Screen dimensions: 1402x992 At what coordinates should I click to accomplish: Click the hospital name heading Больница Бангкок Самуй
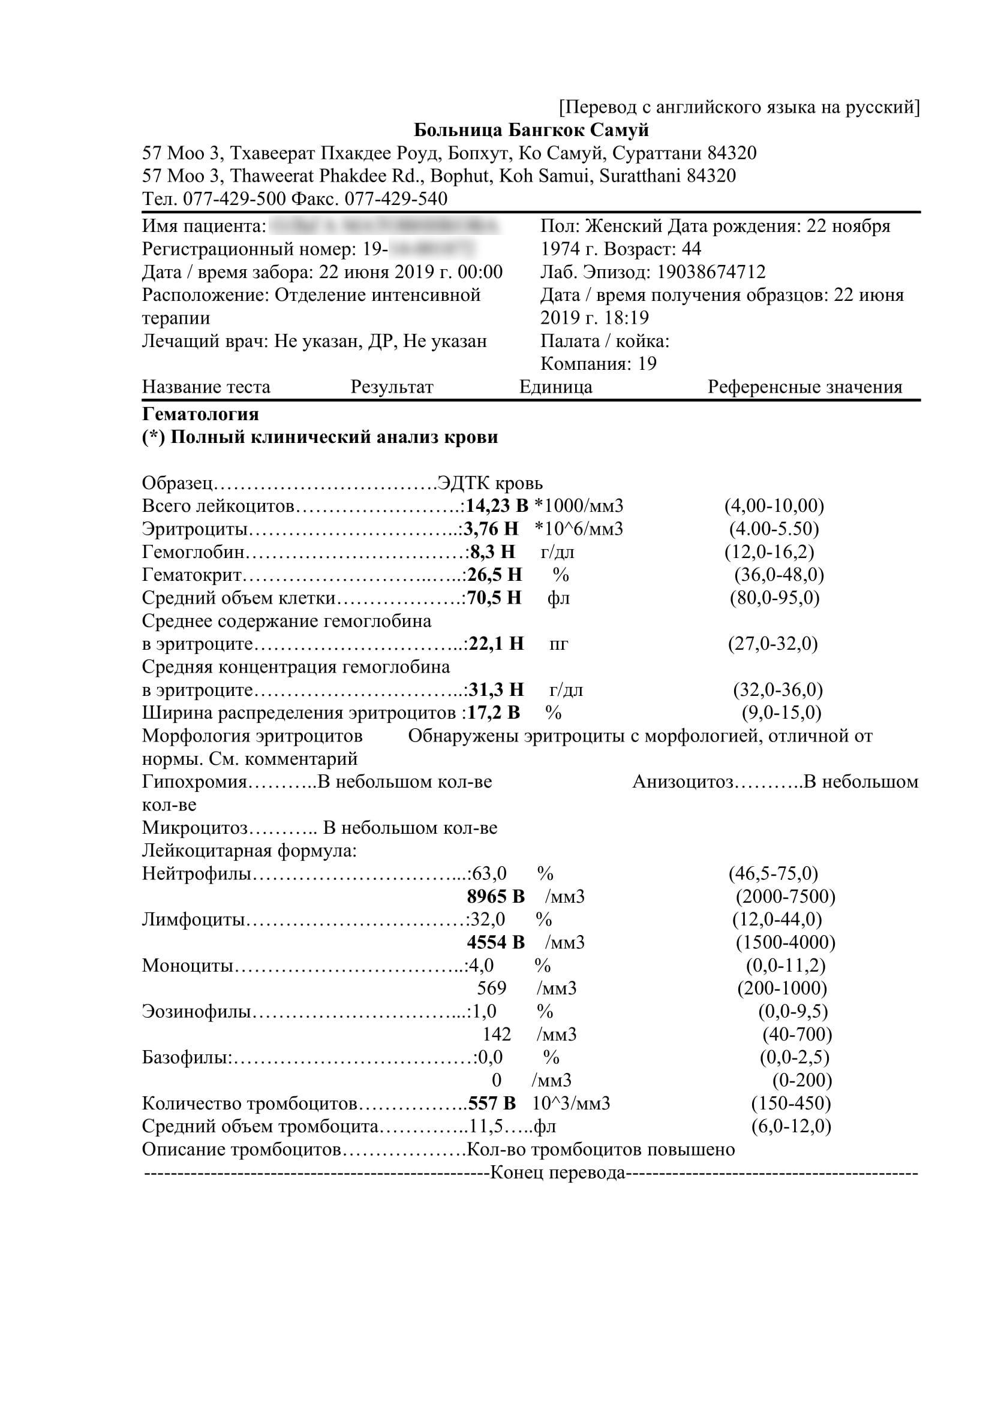click(531, 130)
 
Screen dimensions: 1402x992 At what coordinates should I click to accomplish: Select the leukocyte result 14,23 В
click(497, 506)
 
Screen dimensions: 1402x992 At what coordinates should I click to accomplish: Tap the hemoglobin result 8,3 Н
click(492, 552)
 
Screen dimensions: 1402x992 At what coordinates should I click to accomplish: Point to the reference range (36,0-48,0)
click(779, 575)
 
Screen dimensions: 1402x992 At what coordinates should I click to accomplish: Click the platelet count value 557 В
click(492, 1103)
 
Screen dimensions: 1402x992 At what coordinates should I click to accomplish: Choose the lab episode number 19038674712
click(710, 272)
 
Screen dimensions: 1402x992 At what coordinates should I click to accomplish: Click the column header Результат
click(392, 387)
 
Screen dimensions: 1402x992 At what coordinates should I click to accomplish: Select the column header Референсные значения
click(804, 387)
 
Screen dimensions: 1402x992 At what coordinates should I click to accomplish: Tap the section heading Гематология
click(200, 415)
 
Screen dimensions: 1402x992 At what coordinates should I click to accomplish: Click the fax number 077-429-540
click(396, 198)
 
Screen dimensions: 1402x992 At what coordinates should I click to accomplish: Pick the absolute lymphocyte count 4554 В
click(495, 942)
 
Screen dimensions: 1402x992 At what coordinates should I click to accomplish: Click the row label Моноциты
click(188, 966)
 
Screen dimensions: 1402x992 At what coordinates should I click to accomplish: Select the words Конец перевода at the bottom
click(558, 1173)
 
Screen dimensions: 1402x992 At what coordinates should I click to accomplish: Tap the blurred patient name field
click(385, 227)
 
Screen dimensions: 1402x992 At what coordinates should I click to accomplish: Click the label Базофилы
click(187, 1057)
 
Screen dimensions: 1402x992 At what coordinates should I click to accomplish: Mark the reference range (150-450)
click(791, 1103)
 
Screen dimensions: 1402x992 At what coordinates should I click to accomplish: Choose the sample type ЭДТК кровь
click(490, 484)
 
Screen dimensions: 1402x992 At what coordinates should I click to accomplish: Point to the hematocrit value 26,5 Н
click(494, 575)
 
